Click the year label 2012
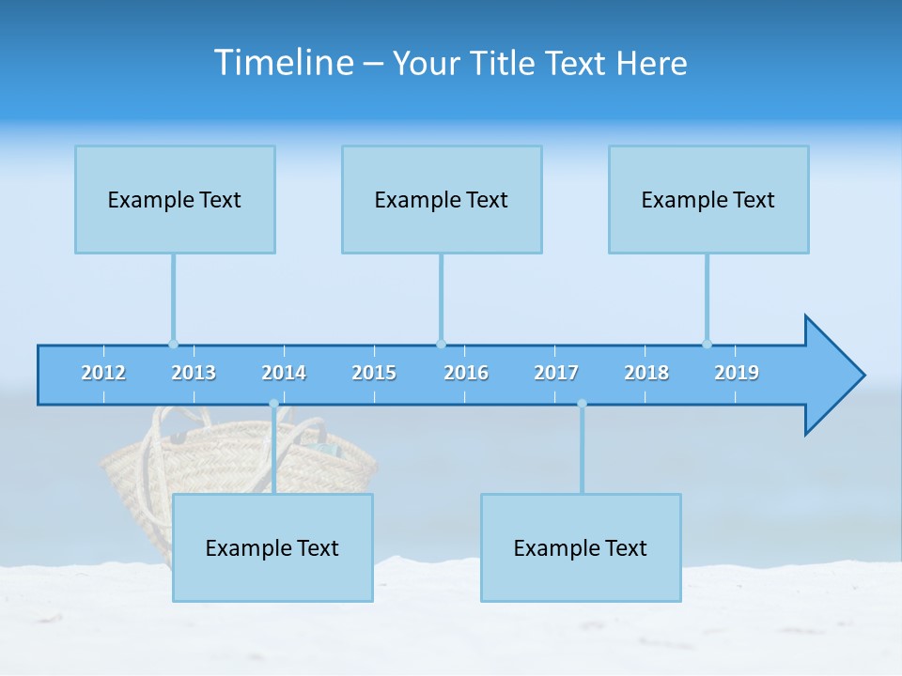coord(103,373)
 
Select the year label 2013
coord(194,373)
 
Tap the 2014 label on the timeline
coord(284,373)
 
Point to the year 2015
coord(374,373)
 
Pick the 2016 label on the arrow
coord(466,373)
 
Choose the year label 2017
coord(556,373)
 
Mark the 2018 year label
coord(646,373)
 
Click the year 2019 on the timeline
coord(737,373)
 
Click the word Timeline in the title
coord(282,63)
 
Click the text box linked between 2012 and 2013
coord(175,200)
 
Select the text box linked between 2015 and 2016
coord(442,200)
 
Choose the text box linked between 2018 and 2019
coord(708,200)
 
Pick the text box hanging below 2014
coord(272,548)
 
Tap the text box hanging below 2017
coord(581,548)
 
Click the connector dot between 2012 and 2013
coord(173,344)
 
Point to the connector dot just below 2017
coord(582,404)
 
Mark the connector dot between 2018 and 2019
coord(707,344)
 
